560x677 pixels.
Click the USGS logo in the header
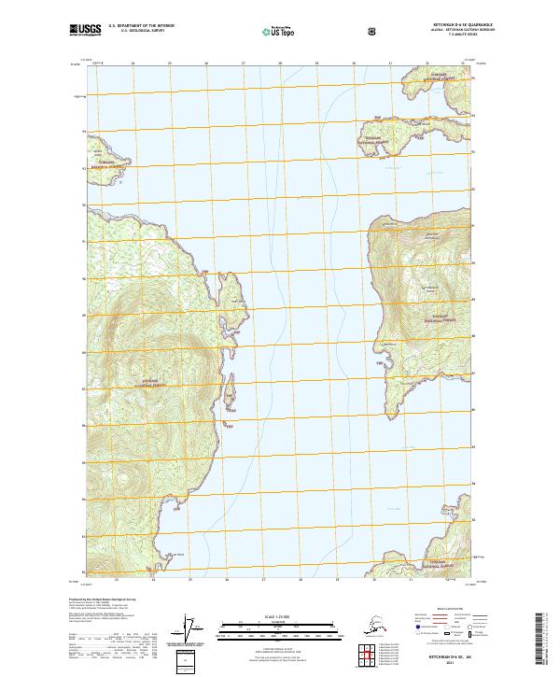point(85,30)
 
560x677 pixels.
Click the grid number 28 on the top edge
point(280,63)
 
